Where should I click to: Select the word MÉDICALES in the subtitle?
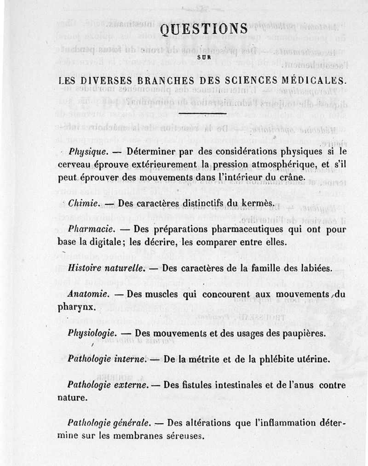(x=312, y=80)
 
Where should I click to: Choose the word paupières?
(x=303, y=333)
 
